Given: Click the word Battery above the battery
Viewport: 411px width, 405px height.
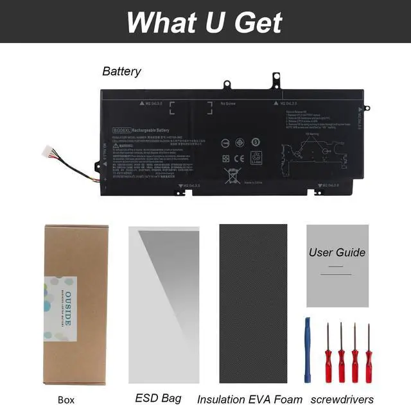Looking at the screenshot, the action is [x=121, y=71].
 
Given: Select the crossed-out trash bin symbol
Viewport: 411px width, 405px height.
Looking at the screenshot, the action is [x=232, y=175].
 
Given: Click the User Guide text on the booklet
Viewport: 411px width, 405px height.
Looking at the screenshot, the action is [x=337, y=252].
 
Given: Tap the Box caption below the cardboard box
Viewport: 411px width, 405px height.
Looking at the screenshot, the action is [x=66, y=399].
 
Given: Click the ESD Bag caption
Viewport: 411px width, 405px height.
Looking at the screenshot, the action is [x=158, y=398].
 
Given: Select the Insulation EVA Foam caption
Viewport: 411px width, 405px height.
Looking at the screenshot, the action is [x=250, y=399].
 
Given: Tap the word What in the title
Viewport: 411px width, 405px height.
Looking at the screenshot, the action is [x=157, y=22].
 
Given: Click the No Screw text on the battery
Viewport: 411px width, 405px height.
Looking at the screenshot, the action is [x=227, y=103].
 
